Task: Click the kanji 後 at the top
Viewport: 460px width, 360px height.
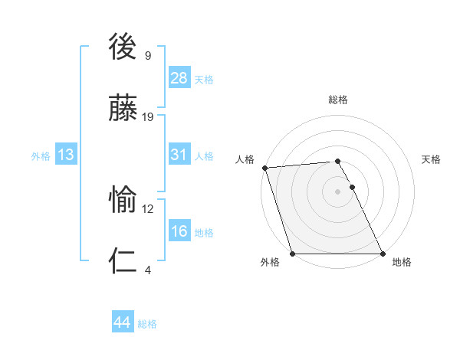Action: pos(124,47)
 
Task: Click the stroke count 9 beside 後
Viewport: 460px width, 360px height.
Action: pos(148,55)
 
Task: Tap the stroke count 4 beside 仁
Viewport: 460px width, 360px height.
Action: pos(148,270)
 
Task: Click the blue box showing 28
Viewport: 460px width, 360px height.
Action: pos(179,78)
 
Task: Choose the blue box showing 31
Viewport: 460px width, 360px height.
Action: pos(179,155)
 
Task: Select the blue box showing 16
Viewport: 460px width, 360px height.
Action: pos(179,231)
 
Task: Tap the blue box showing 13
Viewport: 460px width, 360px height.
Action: pos(66,155)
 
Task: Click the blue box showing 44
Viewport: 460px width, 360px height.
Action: pos(123,322)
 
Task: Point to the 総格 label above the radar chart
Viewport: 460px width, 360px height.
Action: pos(338,100)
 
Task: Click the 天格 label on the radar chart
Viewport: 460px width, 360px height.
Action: pos(432,159)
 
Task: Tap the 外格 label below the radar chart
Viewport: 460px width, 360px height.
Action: pos(270,262)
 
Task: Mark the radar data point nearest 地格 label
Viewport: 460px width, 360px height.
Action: pos(383,254)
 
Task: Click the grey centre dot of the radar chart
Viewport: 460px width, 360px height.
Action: pos(338,191)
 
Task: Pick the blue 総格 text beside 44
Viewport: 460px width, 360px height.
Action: pos(147,324)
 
